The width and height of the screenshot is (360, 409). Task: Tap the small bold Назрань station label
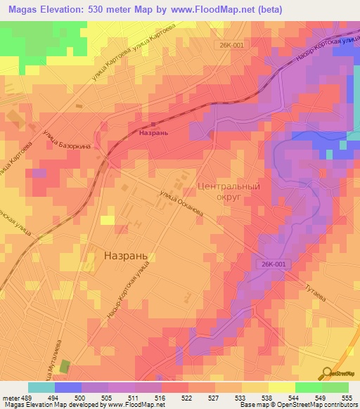tap(155, 132)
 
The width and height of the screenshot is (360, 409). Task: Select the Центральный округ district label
tap(229, 193)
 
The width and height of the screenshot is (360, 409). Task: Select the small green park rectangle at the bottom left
tap(65, 366)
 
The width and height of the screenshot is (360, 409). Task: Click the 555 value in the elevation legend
tap(348, 396)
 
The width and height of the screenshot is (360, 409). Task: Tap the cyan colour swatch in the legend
tap(41, 387)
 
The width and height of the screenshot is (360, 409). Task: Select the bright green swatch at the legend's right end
tap(335, 387)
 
